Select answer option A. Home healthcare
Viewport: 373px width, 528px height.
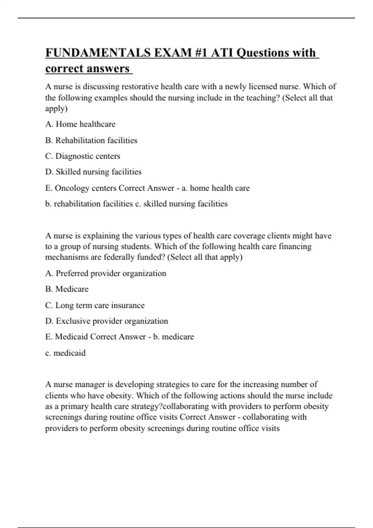click(80, 124)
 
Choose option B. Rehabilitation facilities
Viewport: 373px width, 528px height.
click(91, 140)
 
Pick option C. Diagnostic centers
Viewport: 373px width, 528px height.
click(83, 156)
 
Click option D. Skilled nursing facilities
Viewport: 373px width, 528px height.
click(93, 172)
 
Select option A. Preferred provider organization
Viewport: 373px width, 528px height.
click(106, 273)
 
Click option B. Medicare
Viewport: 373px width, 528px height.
click(67, 289)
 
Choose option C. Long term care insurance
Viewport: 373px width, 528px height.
click(95, 305)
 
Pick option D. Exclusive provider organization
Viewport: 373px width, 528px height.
click(107, 321)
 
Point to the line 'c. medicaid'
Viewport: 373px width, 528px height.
click(65, 353)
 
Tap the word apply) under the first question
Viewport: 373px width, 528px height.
click(56, 109)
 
